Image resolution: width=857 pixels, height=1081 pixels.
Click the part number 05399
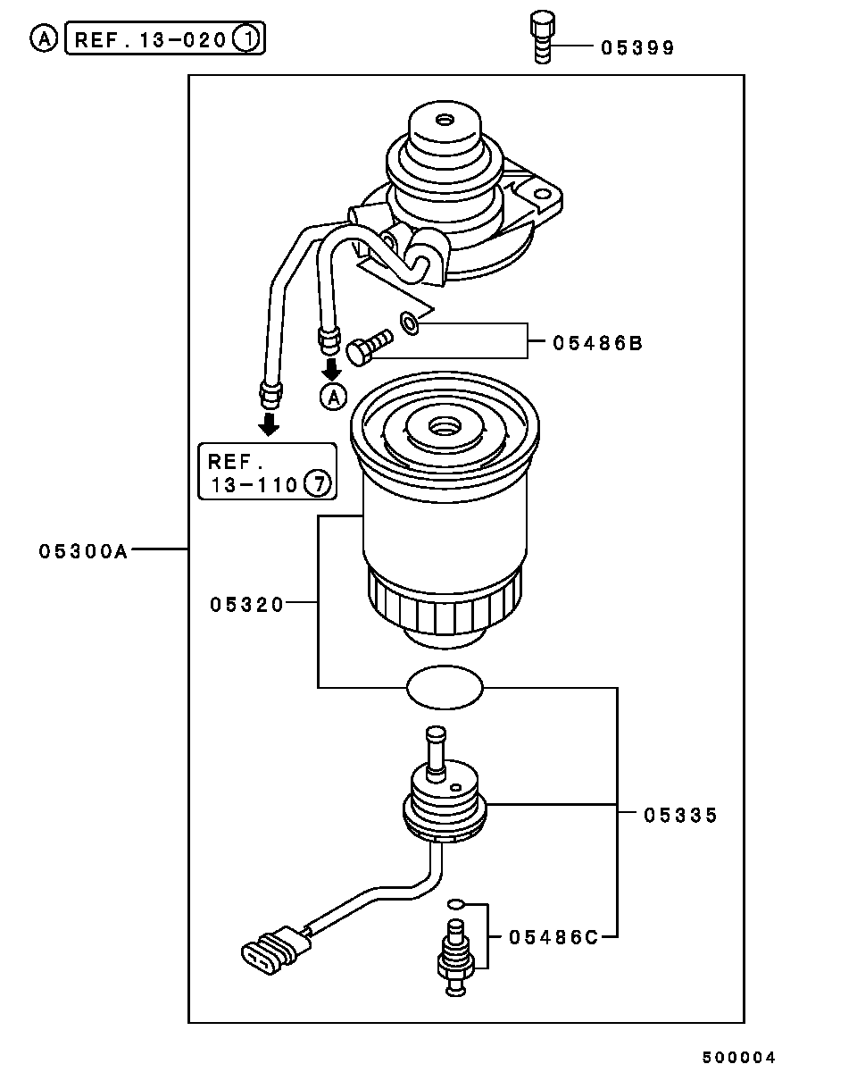pyautogui.click(x=637, y=48)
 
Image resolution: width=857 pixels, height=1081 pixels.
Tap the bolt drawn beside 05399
pyautogui.click(x=542, y=38)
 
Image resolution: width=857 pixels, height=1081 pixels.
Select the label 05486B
pyautogui.click(x=596, y=342)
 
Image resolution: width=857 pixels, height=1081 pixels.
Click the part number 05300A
pyautogui.click(x=83, y=551)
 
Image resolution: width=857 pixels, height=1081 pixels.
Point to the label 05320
pyautogui.click(x=247, y=605)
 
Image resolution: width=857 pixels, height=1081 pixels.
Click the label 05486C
pyautogui.click(x=553, y=936)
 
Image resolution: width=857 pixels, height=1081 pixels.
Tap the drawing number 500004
pyautogui.click(x=738, y=1058)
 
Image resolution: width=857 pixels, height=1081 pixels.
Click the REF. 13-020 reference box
pyautogui.click(x=165, y=39)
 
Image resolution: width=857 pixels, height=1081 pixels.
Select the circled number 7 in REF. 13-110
pyautogui.click(x=318, y=485)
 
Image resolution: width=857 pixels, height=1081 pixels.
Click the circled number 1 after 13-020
pyautogui.click(x=245, y=39)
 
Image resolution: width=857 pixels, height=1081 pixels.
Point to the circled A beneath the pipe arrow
pyautogui.click(x=332, y=397)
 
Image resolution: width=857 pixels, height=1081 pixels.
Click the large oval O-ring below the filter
pyautogui.click(x=445, y=687)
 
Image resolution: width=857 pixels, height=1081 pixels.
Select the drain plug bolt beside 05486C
pyautogui.click(x=454, y=957)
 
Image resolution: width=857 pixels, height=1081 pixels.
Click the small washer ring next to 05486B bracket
pyautogui.click(x=408, y=323)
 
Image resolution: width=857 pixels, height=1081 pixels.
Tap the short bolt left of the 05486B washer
pyautogui.click(x=369, y=346)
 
